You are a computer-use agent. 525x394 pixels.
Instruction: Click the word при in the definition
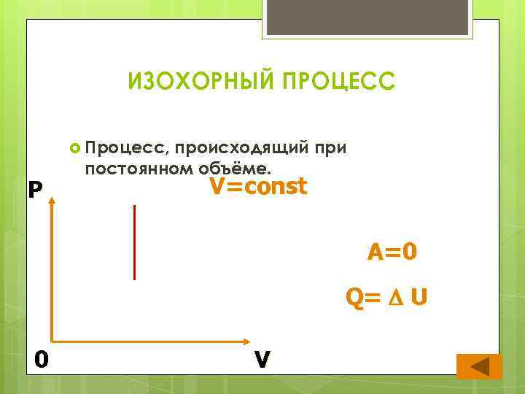(330, 149)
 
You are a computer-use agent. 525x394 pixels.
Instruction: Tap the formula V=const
(259, 187)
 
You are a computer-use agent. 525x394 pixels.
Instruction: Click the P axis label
(34, 190)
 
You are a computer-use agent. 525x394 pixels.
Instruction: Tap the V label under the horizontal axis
(263, 360)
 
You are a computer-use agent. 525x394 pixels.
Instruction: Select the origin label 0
(42, 359)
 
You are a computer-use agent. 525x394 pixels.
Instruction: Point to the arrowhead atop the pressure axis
(52, 204)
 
